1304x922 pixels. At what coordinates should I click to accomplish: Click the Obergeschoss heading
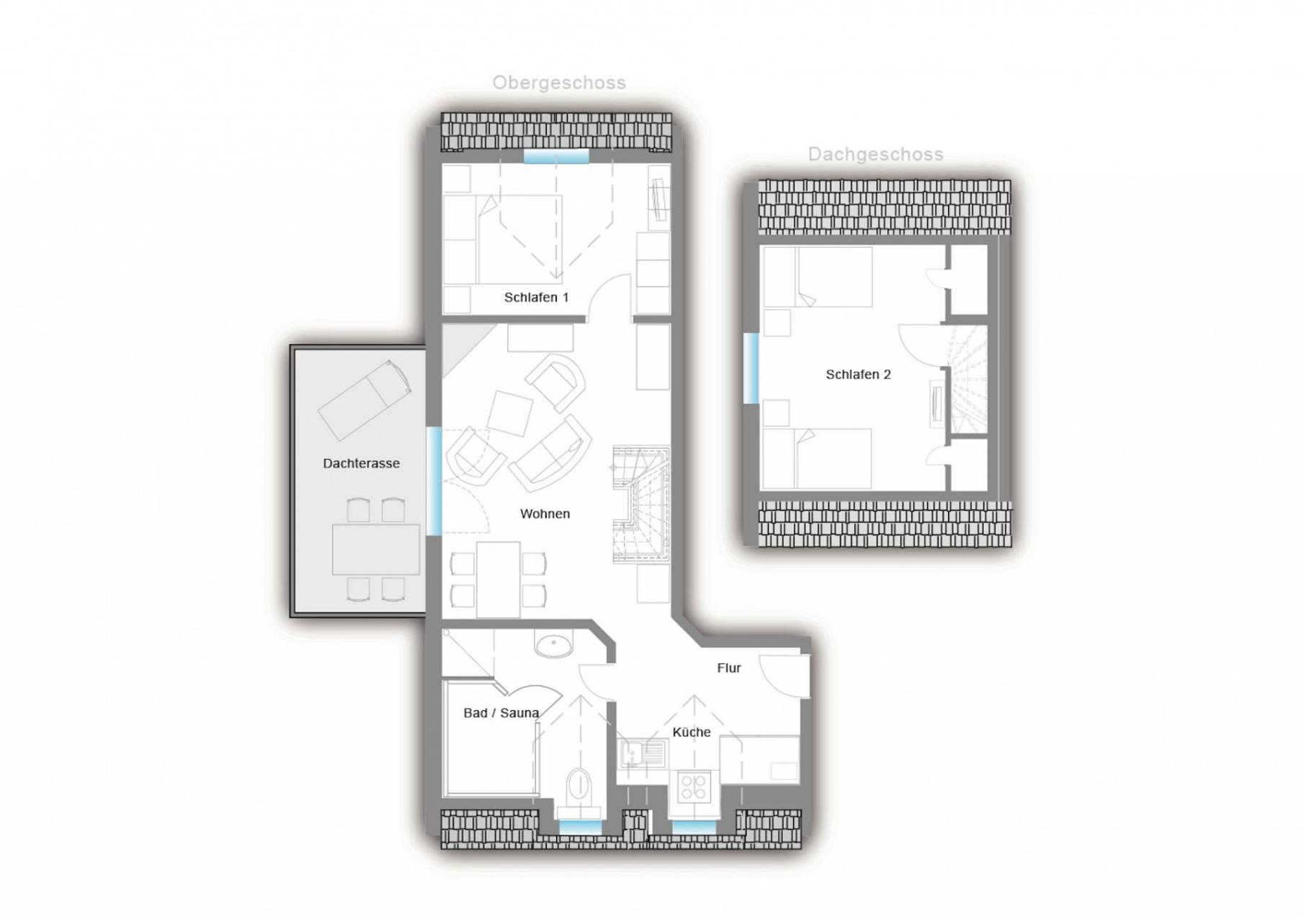coord(559,83)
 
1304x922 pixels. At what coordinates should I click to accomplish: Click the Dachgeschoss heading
coord(875,154)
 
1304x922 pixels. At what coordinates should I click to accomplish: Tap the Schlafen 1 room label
coord(536,297)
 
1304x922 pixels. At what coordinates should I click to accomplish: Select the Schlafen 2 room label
coord(858,375)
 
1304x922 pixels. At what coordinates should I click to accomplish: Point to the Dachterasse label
coord(361,463)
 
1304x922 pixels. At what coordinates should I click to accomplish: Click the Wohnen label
coord(545,514)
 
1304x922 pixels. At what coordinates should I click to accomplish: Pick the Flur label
coord(729,668)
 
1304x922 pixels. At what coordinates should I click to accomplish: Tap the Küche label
coord(692,732)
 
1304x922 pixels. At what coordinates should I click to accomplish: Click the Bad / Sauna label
coord(501,712)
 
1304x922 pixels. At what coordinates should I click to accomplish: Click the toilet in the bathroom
coord(579,787)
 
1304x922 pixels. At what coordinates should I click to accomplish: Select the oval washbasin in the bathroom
coord(554,645)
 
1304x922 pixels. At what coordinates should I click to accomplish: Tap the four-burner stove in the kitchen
coord(694,787)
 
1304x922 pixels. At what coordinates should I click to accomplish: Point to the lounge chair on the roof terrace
coord(365,400)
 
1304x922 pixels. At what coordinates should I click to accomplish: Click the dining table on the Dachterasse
coord(375,550)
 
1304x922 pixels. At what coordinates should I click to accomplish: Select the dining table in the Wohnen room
coord(498,579)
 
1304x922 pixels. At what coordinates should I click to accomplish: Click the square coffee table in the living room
coord(510,413)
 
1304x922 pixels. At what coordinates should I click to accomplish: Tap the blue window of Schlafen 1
coord(555,157)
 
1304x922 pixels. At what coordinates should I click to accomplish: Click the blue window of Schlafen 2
coord(751,368)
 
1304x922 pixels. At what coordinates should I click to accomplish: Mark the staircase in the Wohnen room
coord(641,504)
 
